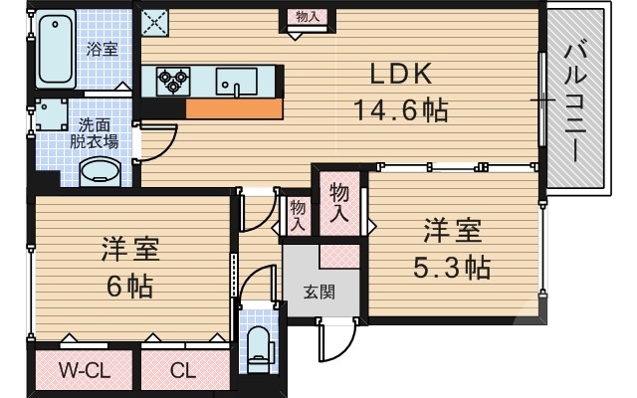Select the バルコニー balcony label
click(576, 100)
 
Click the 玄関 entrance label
click(318, 293)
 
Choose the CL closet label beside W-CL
click(182, 372)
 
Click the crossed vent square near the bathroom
click(154, 19)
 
